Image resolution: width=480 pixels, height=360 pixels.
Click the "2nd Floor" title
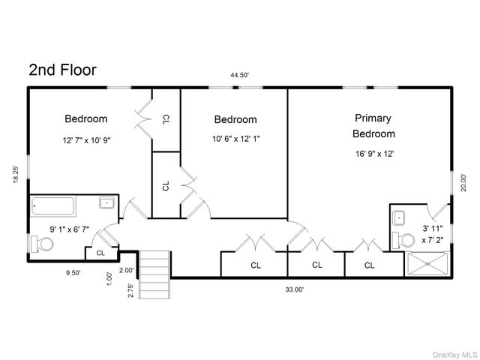63,70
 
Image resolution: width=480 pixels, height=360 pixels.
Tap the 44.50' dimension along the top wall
240,75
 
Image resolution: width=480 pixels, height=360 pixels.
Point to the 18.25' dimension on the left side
16,175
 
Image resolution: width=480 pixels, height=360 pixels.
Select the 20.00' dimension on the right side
463,183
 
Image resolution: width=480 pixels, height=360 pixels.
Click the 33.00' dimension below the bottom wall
295,289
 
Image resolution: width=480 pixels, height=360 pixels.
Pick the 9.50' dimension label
73,273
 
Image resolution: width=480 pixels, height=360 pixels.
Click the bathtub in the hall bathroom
53,206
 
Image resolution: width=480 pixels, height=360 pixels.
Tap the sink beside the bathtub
106,202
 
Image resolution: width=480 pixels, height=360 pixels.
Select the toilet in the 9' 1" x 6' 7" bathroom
42,244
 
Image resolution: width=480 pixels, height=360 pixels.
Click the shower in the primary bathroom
427,264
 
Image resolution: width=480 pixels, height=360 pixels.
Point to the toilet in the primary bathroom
403,240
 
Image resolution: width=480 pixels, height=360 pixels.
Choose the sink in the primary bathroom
399,218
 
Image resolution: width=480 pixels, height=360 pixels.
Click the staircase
154,274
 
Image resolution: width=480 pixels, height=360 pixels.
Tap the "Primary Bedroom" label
373,126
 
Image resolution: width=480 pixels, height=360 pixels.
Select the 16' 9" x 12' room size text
375,154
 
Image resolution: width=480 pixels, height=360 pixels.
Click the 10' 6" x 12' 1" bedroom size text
236,139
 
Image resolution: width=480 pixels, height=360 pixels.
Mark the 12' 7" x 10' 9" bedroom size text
87,140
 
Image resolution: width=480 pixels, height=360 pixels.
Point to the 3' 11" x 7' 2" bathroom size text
433,234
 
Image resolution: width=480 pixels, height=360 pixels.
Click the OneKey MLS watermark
454,355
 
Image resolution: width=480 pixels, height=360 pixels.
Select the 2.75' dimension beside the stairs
130,290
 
